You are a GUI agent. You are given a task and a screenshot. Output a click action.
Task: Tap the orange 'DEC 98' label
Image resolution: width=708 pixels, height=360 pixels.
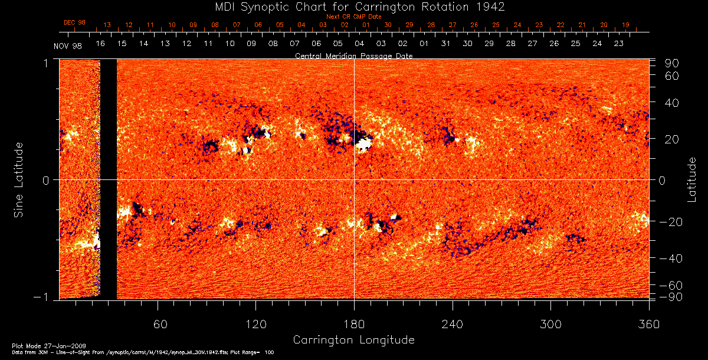(x=74, y=22)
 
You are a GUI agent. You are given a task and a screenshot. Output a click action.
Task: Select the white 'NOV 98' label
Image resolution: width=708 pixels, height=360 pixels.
(x=67, y=46)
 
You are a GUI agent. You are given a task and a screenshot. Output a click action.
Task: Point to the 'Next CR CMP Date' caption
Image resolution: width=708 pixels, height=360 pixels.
(x=353, y=17)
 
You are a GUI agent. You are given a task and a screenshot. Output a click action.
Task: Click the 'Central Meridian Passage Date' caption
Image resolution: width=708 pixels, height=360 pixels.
(x=353, y=55)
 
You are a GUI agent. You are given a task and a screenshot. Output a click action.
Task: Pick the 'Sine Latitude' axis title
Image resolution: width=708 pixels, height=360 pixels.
(x=19, y=179)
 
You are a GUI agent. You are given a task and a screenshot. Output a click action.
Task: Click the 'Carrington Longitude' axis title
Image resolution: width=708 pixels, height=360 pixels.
(x=353, y=340)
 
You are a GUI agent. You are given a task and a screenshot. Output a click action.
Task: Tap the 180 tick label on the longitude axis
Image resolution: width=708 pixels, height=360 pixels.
(x=354, y=325)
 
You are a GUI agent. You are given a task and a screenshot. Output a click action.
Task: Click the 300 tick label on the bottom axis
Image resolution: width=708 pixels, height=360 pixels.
(x=550, y=325)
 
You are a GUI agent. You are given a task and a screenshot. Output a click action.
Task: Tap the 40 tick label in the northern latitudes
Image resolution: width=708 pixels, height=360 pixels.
(x=672, y=103)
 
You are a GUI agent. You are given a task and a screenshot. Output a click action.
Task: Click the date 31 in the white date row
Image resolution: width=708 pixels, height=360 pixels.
(x=445, y=44)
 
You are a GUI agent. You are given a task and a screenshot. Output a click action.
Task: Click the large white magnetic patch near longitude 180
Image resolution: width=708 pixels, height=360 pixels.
(x=363, y=143)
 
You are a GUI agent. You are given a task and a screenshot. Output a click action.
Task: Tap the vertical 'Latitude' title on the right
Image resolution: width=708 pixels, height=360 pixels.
(x=693, y=179)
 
